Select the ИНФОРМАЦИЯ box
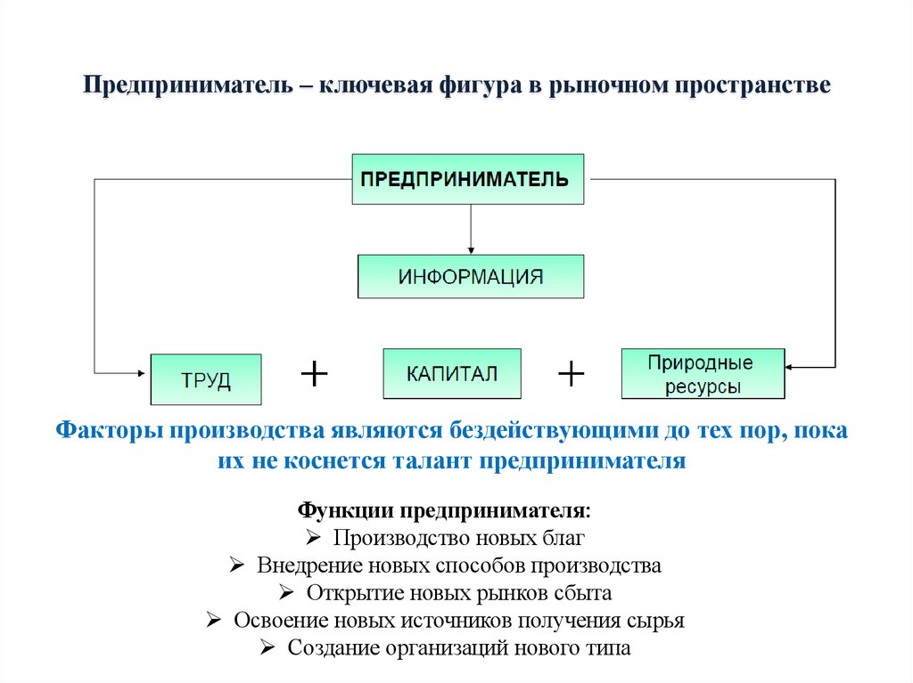pos(471,276)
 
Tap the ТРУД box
pos(206,380)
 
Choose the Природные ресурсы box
pos(702,374)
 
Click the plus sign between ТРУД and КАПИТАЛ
pos(314,374)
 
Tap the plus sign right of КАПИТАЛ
pos(571,374)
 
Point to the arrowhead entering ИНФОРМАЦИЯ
pos(471,250)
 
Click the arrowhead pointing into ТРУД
pos(144,372)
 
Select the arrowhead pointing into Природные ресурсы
pos(791,365)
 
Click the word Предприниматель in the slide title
pos(184,87)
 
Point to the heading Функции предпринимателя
pos(443,513)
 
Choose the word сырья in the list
pos(656,621)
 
